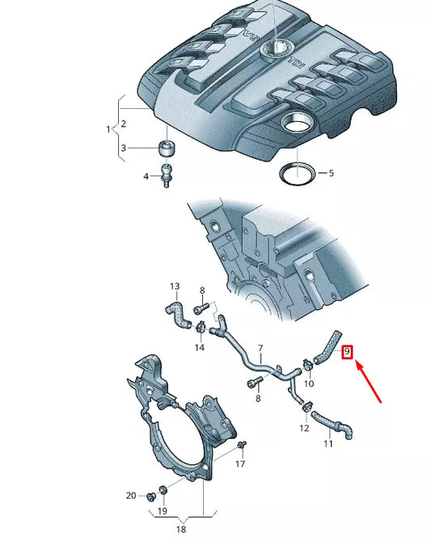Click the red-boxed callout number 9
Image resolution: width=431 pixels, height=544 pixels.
pyautogui.click(x=348, y=352)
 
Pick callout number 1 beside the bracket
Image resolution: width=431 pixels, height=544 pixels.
pyautogui.click(x=108, y=128)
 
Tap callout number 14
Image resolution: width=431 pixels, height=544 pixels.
pyautogui.click(x=200, y=347)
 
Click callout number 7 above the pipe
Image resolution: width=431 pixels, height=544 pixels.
pyautogui.click(x=260, y=349)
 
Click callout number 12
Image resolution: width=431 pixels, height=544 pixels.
pyautogui.click(x=304, y=428)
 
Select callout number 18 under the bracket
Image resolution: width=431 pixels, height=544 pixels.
pyautogui.click(x=180, y=529)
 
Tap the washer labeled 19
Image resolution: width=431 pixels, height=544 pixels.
pyautogui.click(x=163, y=491)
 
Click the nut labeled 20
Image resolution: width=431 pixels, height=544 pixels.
pyautogui.click(x=150, y=495)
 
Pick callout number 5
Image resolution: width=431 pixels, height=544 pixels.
pyautogui.click(x=331, y=173)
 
